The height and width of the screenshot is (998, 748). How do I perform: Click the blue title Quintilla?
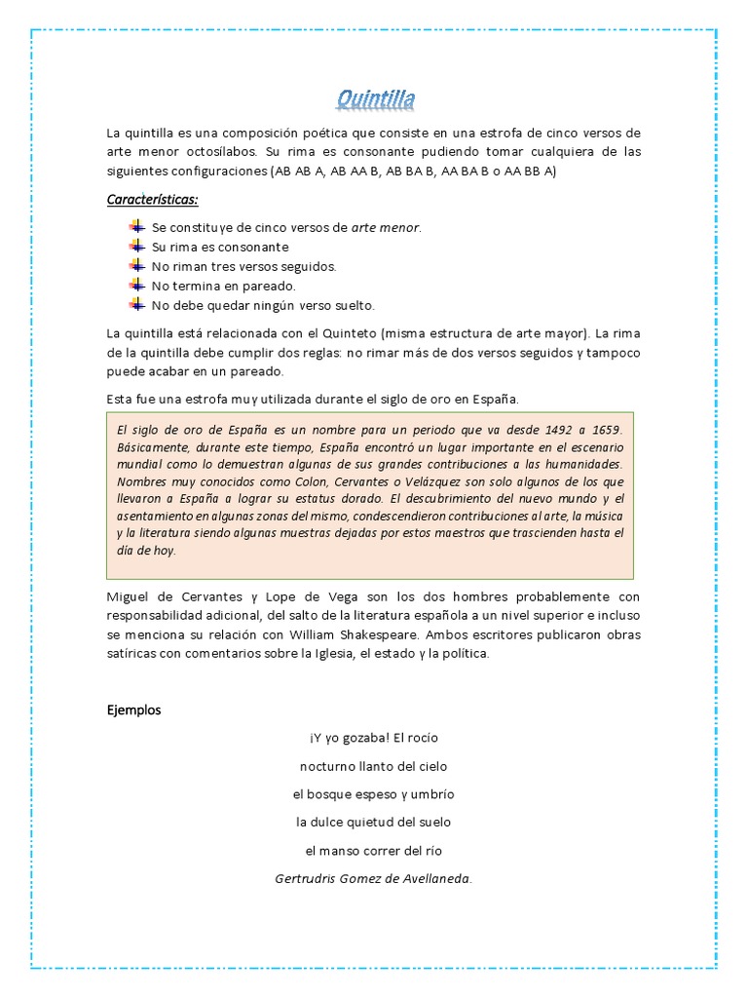point(375,98)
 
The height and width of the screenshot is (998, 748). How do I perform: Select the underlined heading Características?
point(152,200)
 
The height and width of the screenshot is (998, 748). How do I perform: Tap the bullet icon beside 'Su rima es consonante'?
point(136,247)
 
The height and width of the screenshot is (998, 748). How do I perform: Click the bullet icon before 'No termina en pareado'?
point(136,286)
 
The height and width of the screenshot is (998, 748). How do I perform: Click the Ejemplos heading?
point(133,710)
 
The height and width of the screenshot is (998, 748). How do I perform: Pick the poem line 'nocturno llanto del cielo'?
point(374,766)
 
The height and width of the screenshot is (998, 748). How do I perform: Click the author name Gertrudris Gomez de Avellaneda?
point(374,879)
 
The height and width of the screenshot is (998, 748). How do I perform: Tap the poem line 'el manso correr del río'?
point(374,850)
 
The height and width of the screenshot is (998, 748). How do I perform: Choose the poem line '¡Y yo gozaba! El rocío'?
point(374,738)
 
